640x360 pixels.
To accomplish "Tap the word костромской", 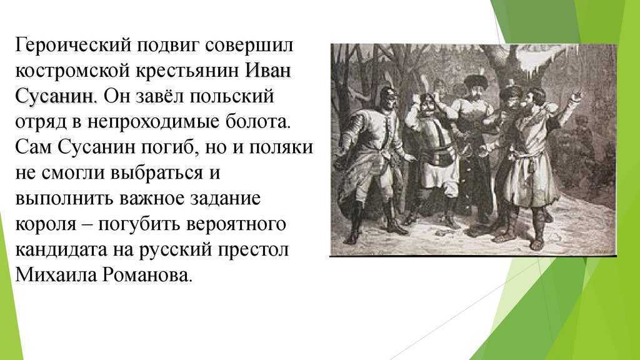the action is (x=72, y=71).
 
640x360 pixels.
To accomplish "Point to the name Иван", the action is (x=268, y=70).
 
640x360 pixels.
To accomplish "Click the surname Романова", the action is (x=147, y=275).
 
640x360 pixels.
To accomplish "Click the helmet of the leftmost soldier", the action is (x=388, y=95).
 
